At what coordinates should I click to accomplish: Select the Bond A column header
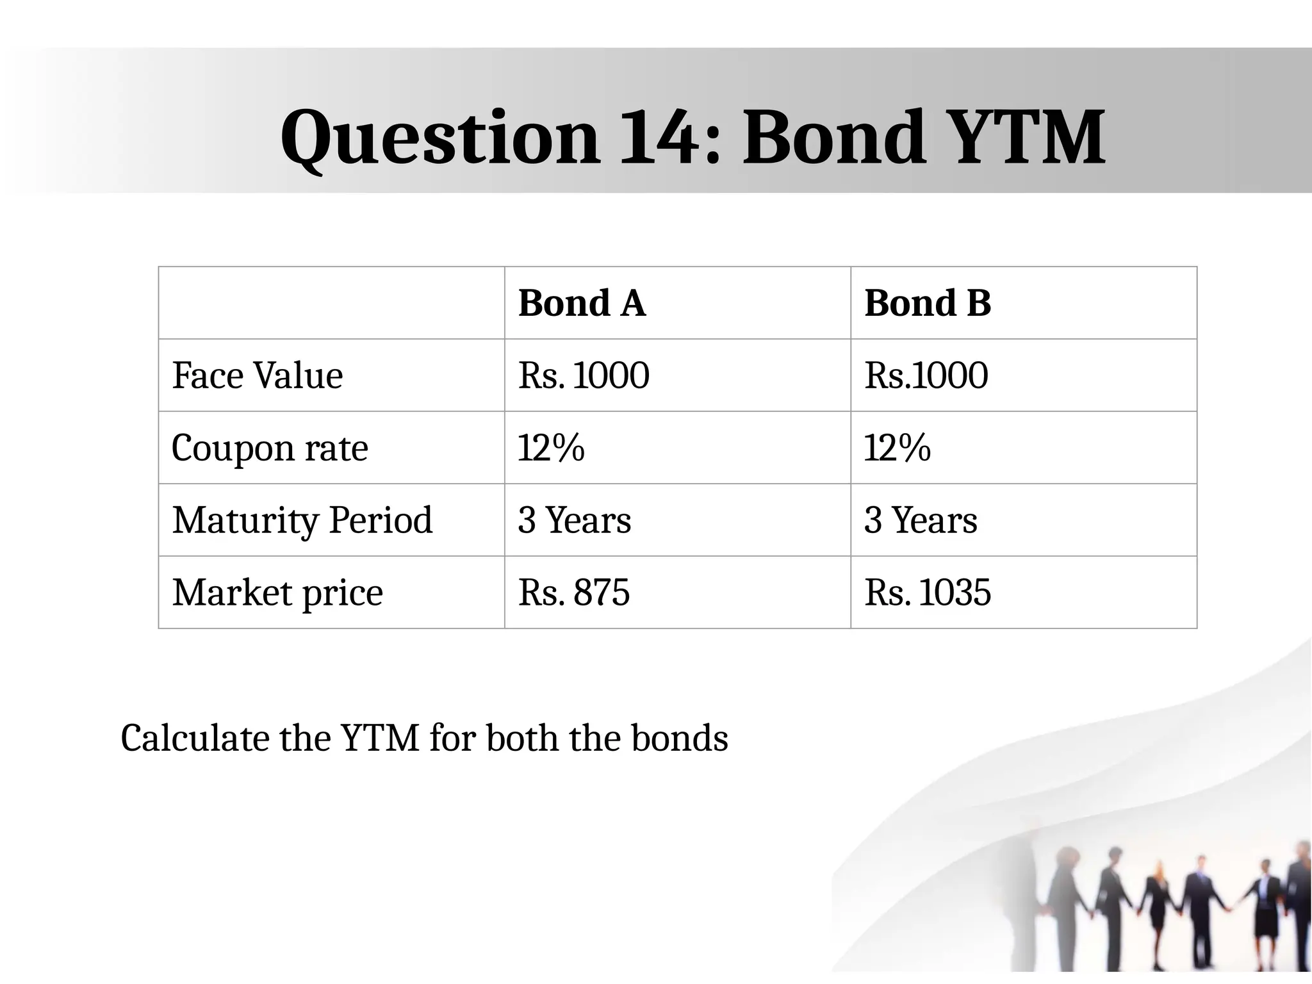[582, 303]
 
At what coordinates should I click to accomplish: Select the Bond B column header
[928, 303]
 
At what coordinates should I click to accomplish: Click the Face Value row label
[258, 375]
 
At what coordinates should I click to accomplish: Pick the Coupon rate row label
[270, 448]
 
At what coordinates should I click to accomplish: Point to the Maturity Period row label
[302, 520]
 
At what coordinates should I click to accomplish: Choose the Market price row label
[277, 593]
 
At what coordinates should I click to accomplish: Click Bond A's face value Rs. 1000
[584, 375]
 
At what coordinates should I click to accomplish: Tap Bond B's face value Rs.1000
[926, 375]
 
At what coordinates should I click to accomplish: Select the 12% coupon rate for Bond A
[551, 448]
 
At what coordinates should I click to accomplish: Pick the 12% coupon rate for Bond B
[897, 448]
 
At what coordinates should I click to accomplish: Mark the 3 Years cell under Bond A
[575, 520]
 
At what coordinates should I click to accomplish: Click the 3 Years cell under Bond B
[921, 520]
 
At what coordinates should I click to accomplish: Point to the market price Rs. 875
[574, 593]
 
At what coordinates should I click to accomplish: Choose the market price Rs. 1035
[928, 593]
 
